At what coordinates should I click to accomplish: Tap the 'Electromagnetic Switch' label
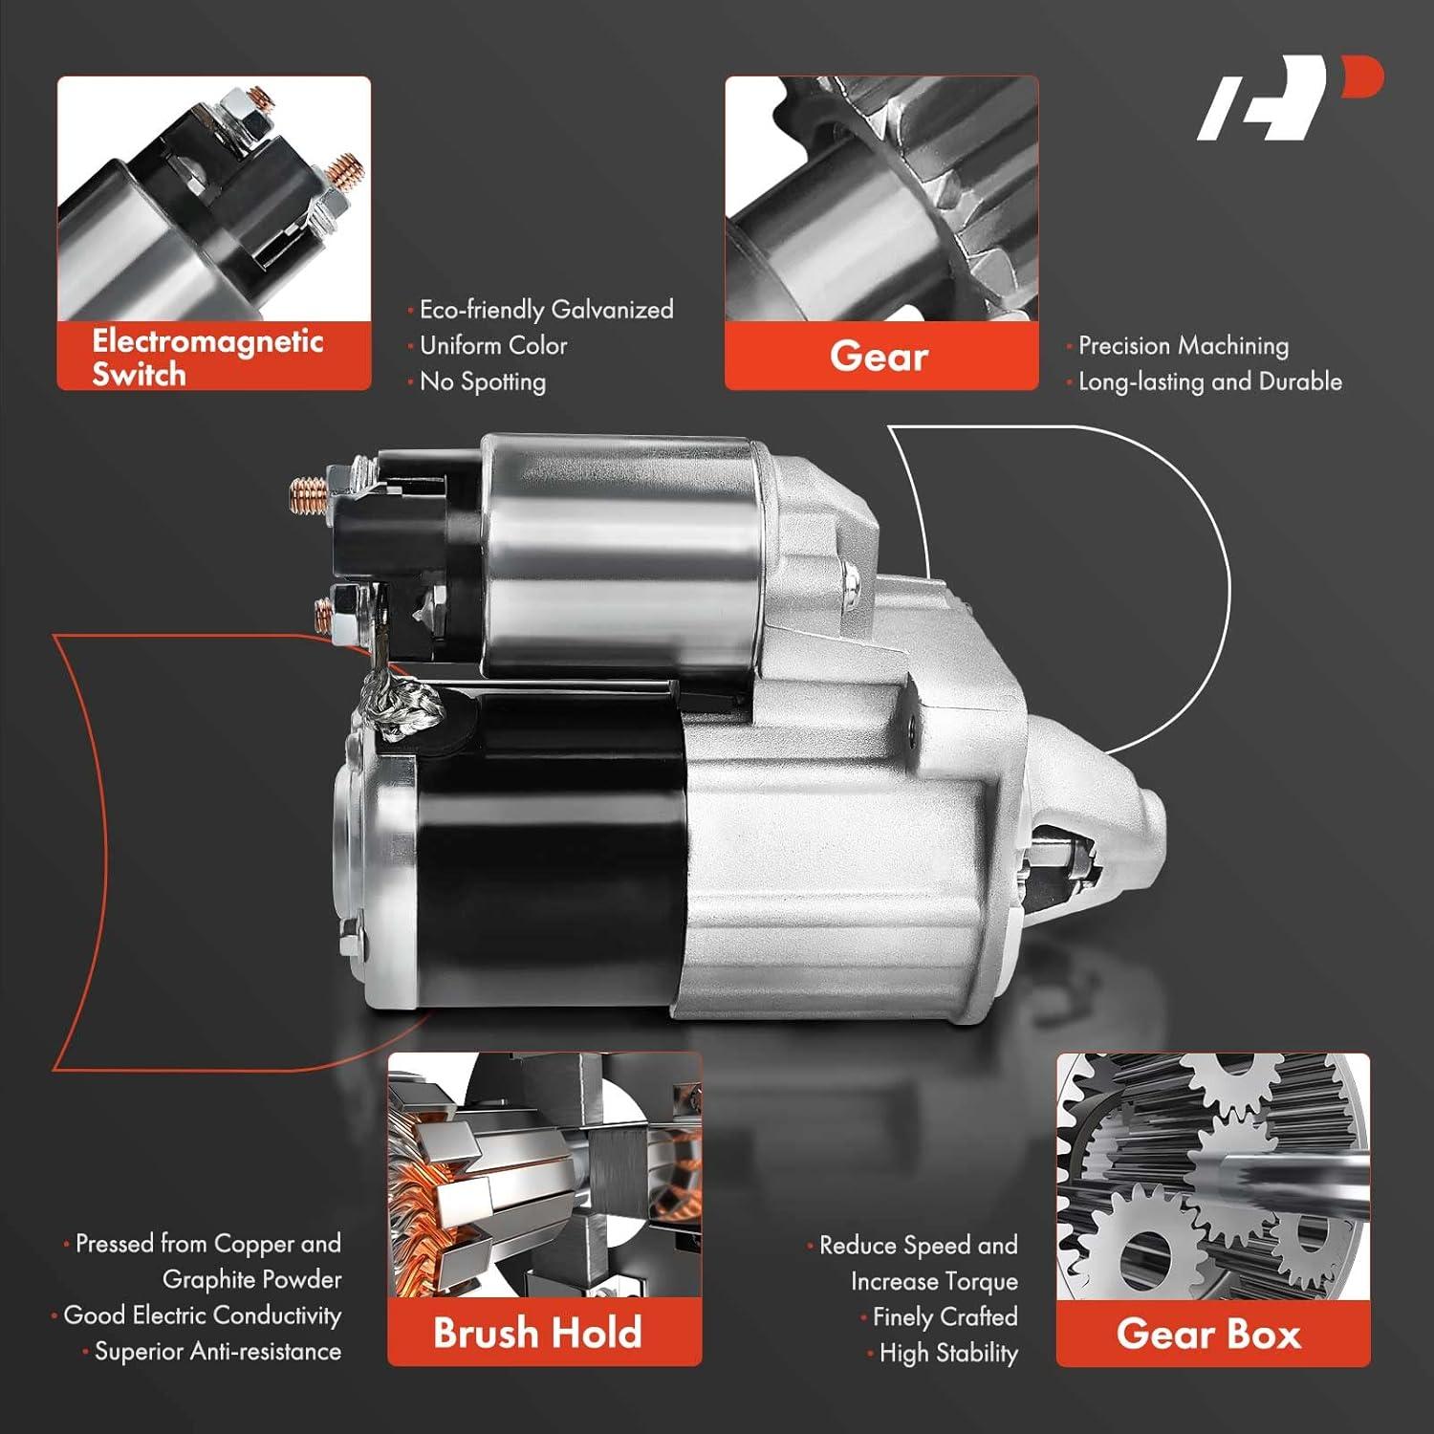click(x=207, y=357)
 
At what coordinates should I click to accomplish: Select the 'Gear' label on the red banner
click(x=879, y=357)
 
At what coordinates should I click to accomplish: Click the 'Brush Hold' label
click(x=537, y=1333)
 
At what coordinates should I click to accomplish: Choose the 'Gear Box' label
click(x=1208, y=1334)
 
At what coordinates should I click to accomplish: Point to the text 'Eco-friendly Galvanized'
click(x=546, y=310)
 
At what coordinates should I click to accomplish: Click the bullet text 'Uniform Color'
click(x=493, y=345)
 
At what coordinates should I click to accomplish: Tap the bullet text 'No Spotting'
click(x=483, y=381)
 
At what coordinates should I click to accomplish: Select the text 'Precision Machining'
click(x=1183, y=345)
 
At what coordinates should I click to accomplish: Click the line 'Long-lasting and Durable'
click(x=1209, y=381)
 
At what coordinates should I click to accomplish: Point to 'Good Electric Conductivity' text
click(x=202, y=1315)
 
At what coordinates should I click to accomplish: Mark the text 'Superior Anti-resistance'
click(x=217, y=1351)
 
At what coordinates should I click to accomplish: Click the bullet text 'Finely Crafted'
click(x=945, y=1316)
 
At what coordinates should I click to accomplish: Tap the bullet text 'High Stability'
click(x=947, y=1353)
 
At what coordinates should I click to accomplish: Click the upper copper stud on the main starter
click(x=309, y=495)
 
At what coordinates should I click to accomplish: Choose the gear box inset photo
click(x=1212, y=1177)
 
